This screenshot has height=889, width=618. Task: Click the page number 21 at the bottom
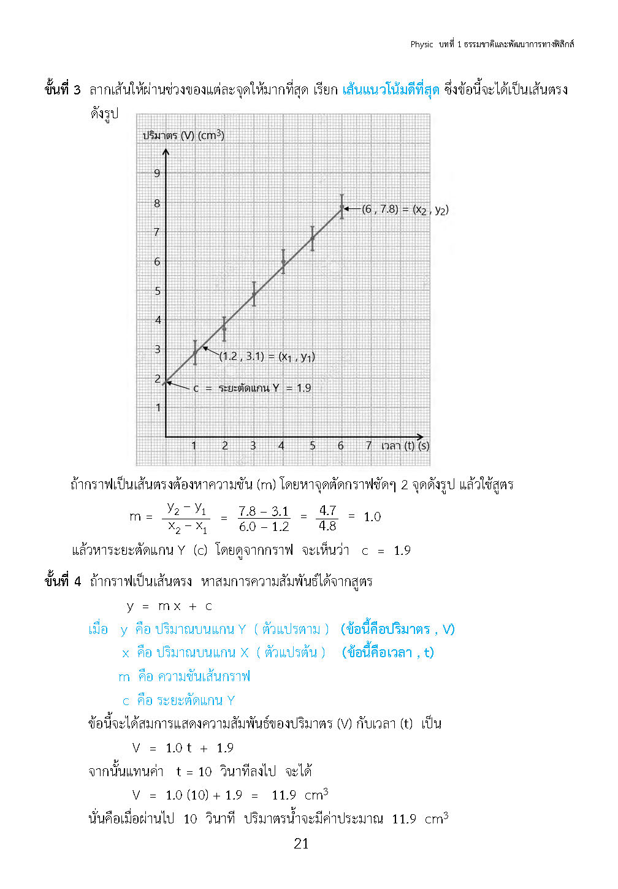coord(301,844)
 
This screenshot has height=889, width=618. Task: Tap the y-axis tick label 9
coord(157,174)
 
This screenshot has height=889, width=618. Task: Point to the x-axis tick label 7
coord(368,446)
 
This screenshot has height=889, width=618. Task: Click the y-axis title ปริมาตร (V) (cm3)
coord(183,135)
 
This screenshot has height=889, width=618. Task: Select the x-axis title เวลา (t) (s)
coord(405,446)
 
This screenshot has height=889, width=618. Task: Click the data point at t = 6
coord(342,207)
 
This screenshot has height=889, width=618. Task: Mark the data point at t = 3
coord(254,294)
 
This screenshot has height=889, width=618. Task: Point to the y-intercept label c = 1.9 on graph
coord(252,388)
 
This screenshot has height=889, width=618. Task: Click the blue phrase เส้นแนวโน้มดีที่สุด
coord(391,90)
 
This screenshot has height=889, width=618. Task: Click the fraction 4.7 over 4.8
coord(327,518)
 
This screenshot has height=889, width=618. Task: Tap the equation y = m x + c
coord(169,606)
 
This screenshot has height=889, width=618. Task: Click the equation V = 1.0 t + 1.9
coord(183,748)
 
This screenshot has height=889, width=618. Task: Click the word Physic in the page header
coord(422,44)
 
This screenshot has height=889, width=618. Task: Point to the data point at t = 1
coord(195,353)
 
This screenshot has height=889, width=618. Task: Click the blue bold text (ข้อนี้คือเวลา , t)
coord(387,652)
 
